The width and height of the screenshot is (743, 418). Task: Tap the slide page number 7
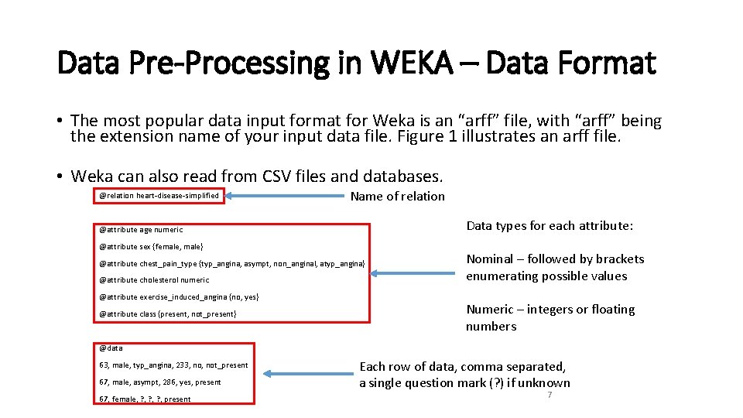pyautogui.click(x=549, y=395)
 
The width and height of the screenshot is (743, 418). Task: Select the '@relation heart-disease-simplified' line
pyautogui.click(x=159, y=196)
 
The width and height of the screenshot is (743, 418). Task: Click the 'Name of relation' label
pyautogui.click(x=397, y=197)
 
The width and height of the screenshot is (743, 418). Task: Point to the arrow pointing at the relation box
pyautogui.click(x=282, y=196)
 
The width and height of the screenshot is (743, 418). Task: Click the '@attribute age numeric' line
pyautogui.click(x=141, y=230)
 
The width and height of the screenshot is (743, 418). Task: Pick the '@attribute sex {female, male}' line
pyautogui.click(x=151, y=247)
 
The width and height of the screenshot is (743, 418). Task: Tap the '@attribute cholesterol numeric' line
pyautogui.click(x=154, y=280)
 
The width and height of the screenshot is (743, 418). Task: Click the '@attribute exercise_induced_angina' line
pyautogui.click(x=179, y=297)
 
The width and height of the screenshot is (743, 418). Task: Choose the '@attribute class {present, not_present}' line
pyautogui.click(x=168, y=314)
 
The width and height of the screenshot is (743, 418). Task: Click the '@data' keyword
pyautogui.click(x=111, y=348)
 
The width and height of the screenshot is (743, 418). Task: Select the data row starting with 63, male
pyautogui.click(x=173, y=365)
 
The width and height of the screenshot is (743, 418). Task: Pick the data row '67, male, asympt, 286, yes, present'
pyautogui.click(x=159, y=382)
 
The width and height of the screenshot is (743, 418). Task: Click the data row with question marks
pyautogui.click(x=145, y=399)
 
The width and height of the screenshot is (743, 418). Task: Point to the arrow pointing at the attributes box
pyautogui.click(x=415, y=272)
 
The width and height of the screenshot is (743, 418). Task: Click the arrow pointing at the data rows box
pyautogui.click(x=306, y=374)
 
